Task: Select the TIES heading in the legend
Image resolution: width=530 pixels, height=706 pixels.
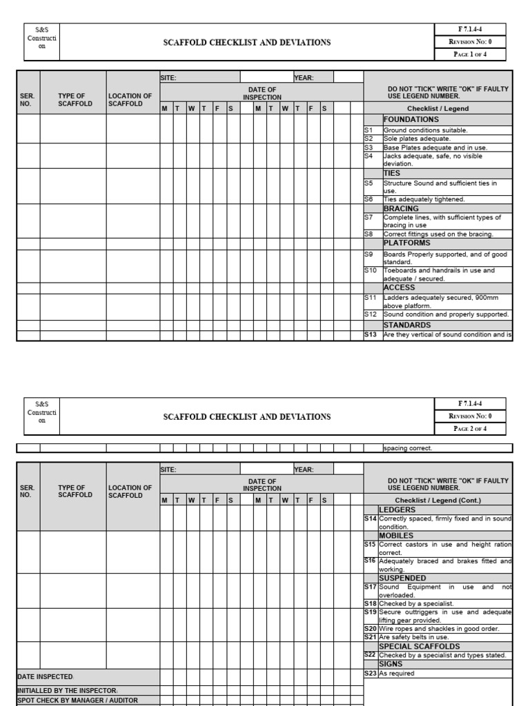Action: coord(391,174)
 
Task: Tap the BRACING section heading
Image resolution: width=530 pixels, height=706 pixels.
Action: coord(401,208)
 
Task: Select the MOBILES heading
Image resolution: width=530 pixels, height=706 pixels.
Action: coord(396,535)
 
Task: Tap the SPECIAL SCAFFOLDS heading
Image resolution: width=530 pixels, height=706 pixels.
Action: coord(419,647)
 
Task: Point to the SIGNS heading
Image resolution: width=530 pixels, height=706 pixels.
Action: coord(391,664)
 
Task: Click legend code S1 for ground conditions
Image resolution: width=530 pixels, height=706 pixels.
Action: coord(369,130)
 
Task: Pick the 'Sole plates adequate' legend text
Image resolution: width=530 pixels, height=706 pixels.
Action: coord(415,139)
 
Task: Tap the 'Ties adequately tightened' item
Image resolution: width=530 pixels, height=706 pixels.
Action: coord(424,199)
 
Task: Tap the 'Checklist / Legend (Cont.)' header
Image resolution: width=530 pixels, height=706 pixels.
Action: coord(438,500)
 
